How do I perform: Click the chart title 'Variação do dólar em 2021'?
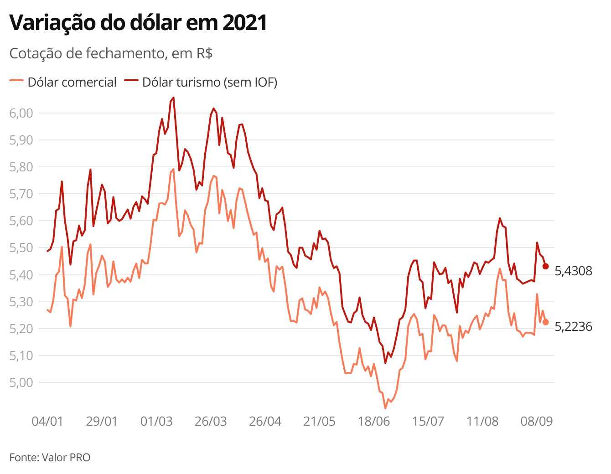coord(138,23)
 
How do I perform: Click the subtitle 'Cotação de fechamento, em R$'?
coord(111,53)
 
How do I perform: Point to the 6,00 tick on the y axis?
coord(21,113)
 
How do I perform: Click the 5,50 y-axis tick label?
coord(21,248)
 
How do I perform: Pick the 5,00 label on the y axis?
coord(21,382)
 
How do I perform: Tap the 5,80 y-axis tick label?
coord(21,167)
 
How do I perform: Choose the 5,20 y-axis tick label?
coord(21,329)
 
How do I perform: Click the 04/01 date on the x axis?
coord(47,421)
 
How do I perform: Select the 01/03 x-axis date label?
coord(156,421)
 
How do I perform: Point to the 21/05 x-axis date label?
coord(319,421)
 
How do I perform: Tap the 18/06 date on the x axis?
coord(374,421)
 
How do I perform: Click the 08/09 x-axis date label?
coord(537,421)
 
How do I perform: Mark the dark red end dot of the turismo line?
coord(545,266)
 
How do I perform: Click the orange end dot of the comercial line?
coord(545,322)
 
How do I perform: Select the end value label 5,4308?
coord(573,271)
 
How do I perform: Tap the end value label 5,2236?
coord(573,327)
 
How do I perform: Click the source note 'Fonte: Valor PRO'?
coord(50,457)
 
